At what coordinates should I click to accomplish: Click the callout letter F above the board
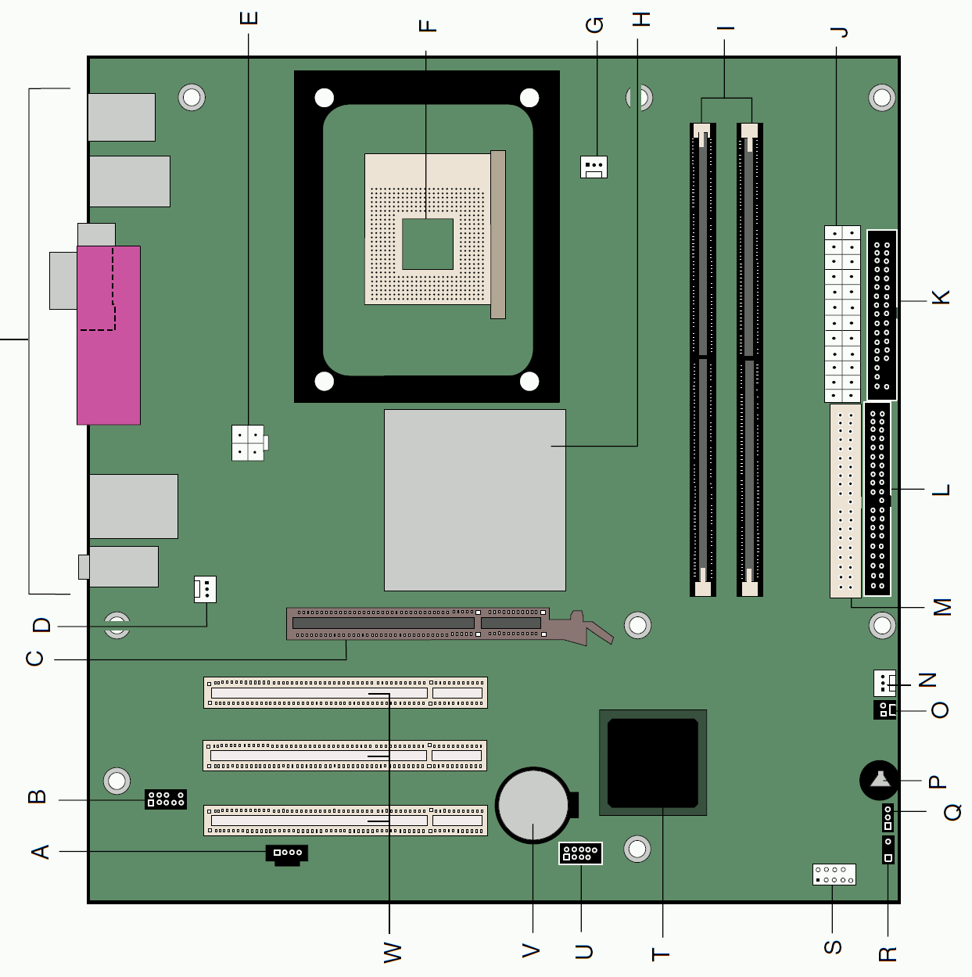[428, 26]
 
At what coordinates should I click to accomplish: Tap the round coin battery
[533, 805]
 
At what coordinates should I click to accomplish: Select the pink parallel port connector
[109, 335]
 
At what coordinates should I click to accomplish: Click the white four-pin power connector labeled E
[248, 443]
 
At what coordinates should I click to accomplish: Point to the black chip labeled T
[653, 763]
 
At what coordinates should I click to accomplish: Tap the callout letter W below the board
[393, 952]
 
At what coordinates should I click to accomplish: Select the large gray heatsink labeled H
[475, 500]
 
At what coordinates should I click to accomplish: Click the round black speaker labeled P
[879, 780]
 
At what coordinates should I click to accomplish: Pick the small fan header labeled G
[594, 167]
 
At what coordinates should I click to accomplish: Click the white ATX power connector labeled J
[842, 314]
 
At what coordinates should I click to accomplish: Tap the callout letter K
[941, 297]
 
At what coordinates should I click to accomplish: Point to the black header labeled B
[165, 799]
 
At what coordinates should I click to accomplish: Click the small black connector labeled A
[286, 855]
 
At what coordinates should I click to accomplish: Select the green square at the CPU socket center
[428, 244]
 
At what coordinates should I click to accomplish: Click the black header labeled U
[580, 853]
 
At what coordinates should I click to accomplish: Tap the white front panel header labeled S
[834, 875]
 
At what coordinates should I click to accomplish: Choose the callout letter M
[942, 607]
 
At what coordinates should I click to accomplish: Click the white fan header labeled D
[205, 589]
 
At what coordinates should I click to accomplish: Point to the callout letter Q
[952, 812]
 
